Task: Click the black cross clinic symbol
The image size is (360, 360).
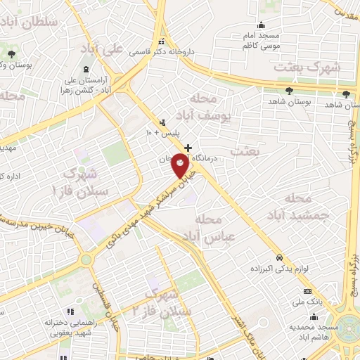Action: (x=188, y=148)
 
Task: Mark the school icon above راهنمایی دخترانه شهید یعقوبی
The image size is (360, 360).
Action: (x=70, y=311)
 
